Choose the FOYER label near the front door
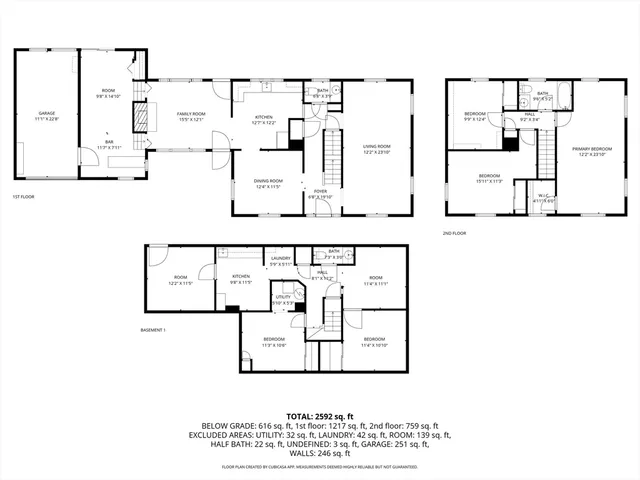pos(320,193)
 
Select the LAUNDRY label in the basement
pos(281,260)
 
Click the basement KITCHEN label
pos(241,279)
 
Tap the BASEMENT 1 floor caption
pos(152,329)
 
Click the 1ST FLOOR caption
pos(26,197)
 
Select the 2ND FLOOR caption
pos(454,233)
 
